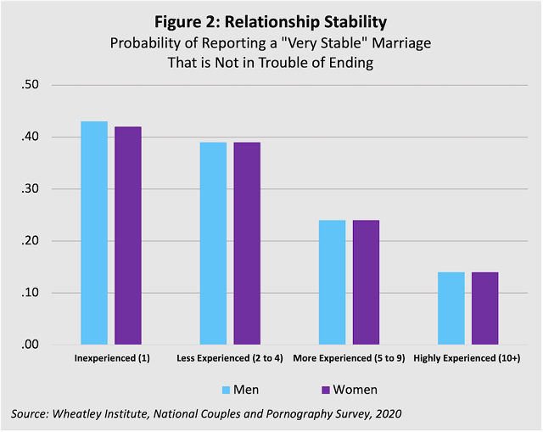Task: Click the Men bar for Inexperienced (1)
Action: [94, 233]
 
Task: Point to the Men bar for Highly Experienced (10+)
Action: [451, 309]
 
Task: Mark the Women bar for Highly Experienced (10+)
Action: [484, 309]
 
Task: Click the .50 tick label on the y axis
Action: [31, 85]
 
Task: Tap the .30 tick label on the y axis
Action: [31, 189]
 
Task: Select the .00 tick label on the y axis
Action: [31, 345]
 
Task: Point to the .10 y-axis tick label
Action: [31, 294]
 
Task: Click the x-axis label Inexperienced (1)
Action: [112, 359]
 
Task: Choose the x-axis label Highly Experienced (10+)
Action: [467, 359]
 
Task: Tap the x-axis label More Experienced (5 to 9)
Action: [348, 359]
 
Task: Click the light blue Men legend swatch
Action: [226, 390]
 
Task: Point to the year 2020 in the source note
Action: [386, 413]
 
